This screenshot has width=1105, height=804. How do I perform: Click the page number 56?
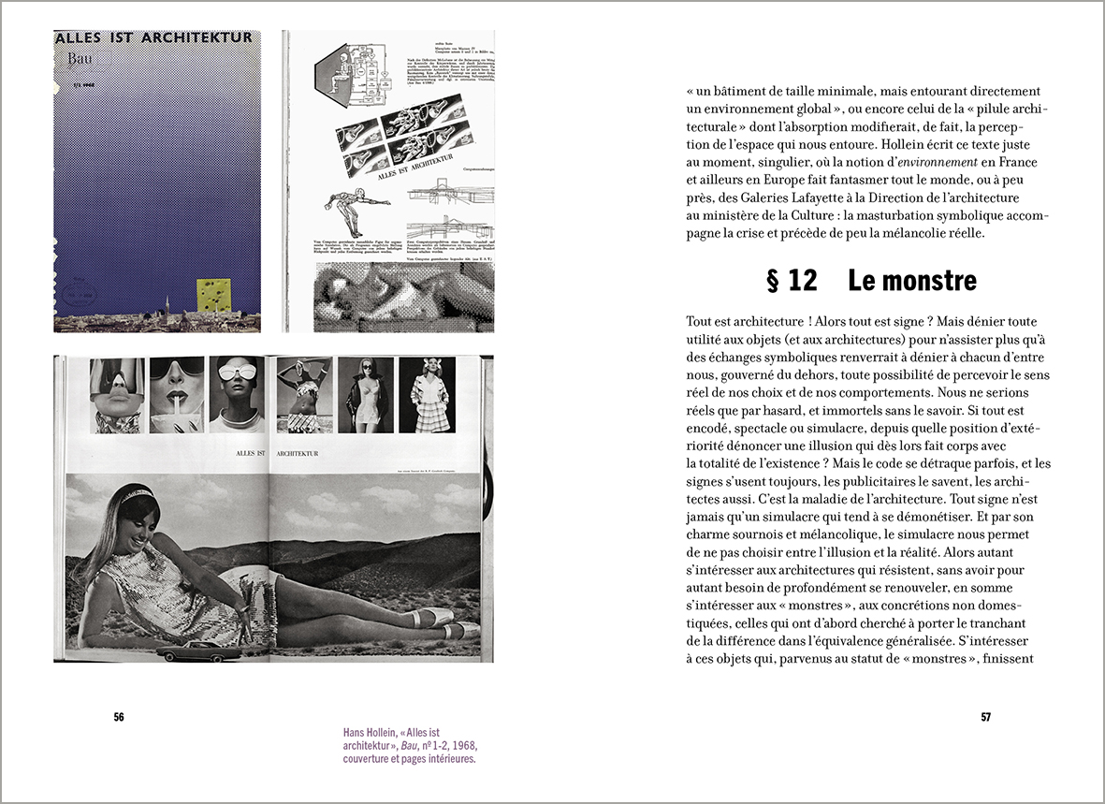[119, 718]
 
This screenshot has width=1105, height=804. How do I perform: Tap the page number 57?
[985, 718]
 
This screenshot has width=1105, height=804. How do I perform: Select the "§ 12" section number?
[792, 280]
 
